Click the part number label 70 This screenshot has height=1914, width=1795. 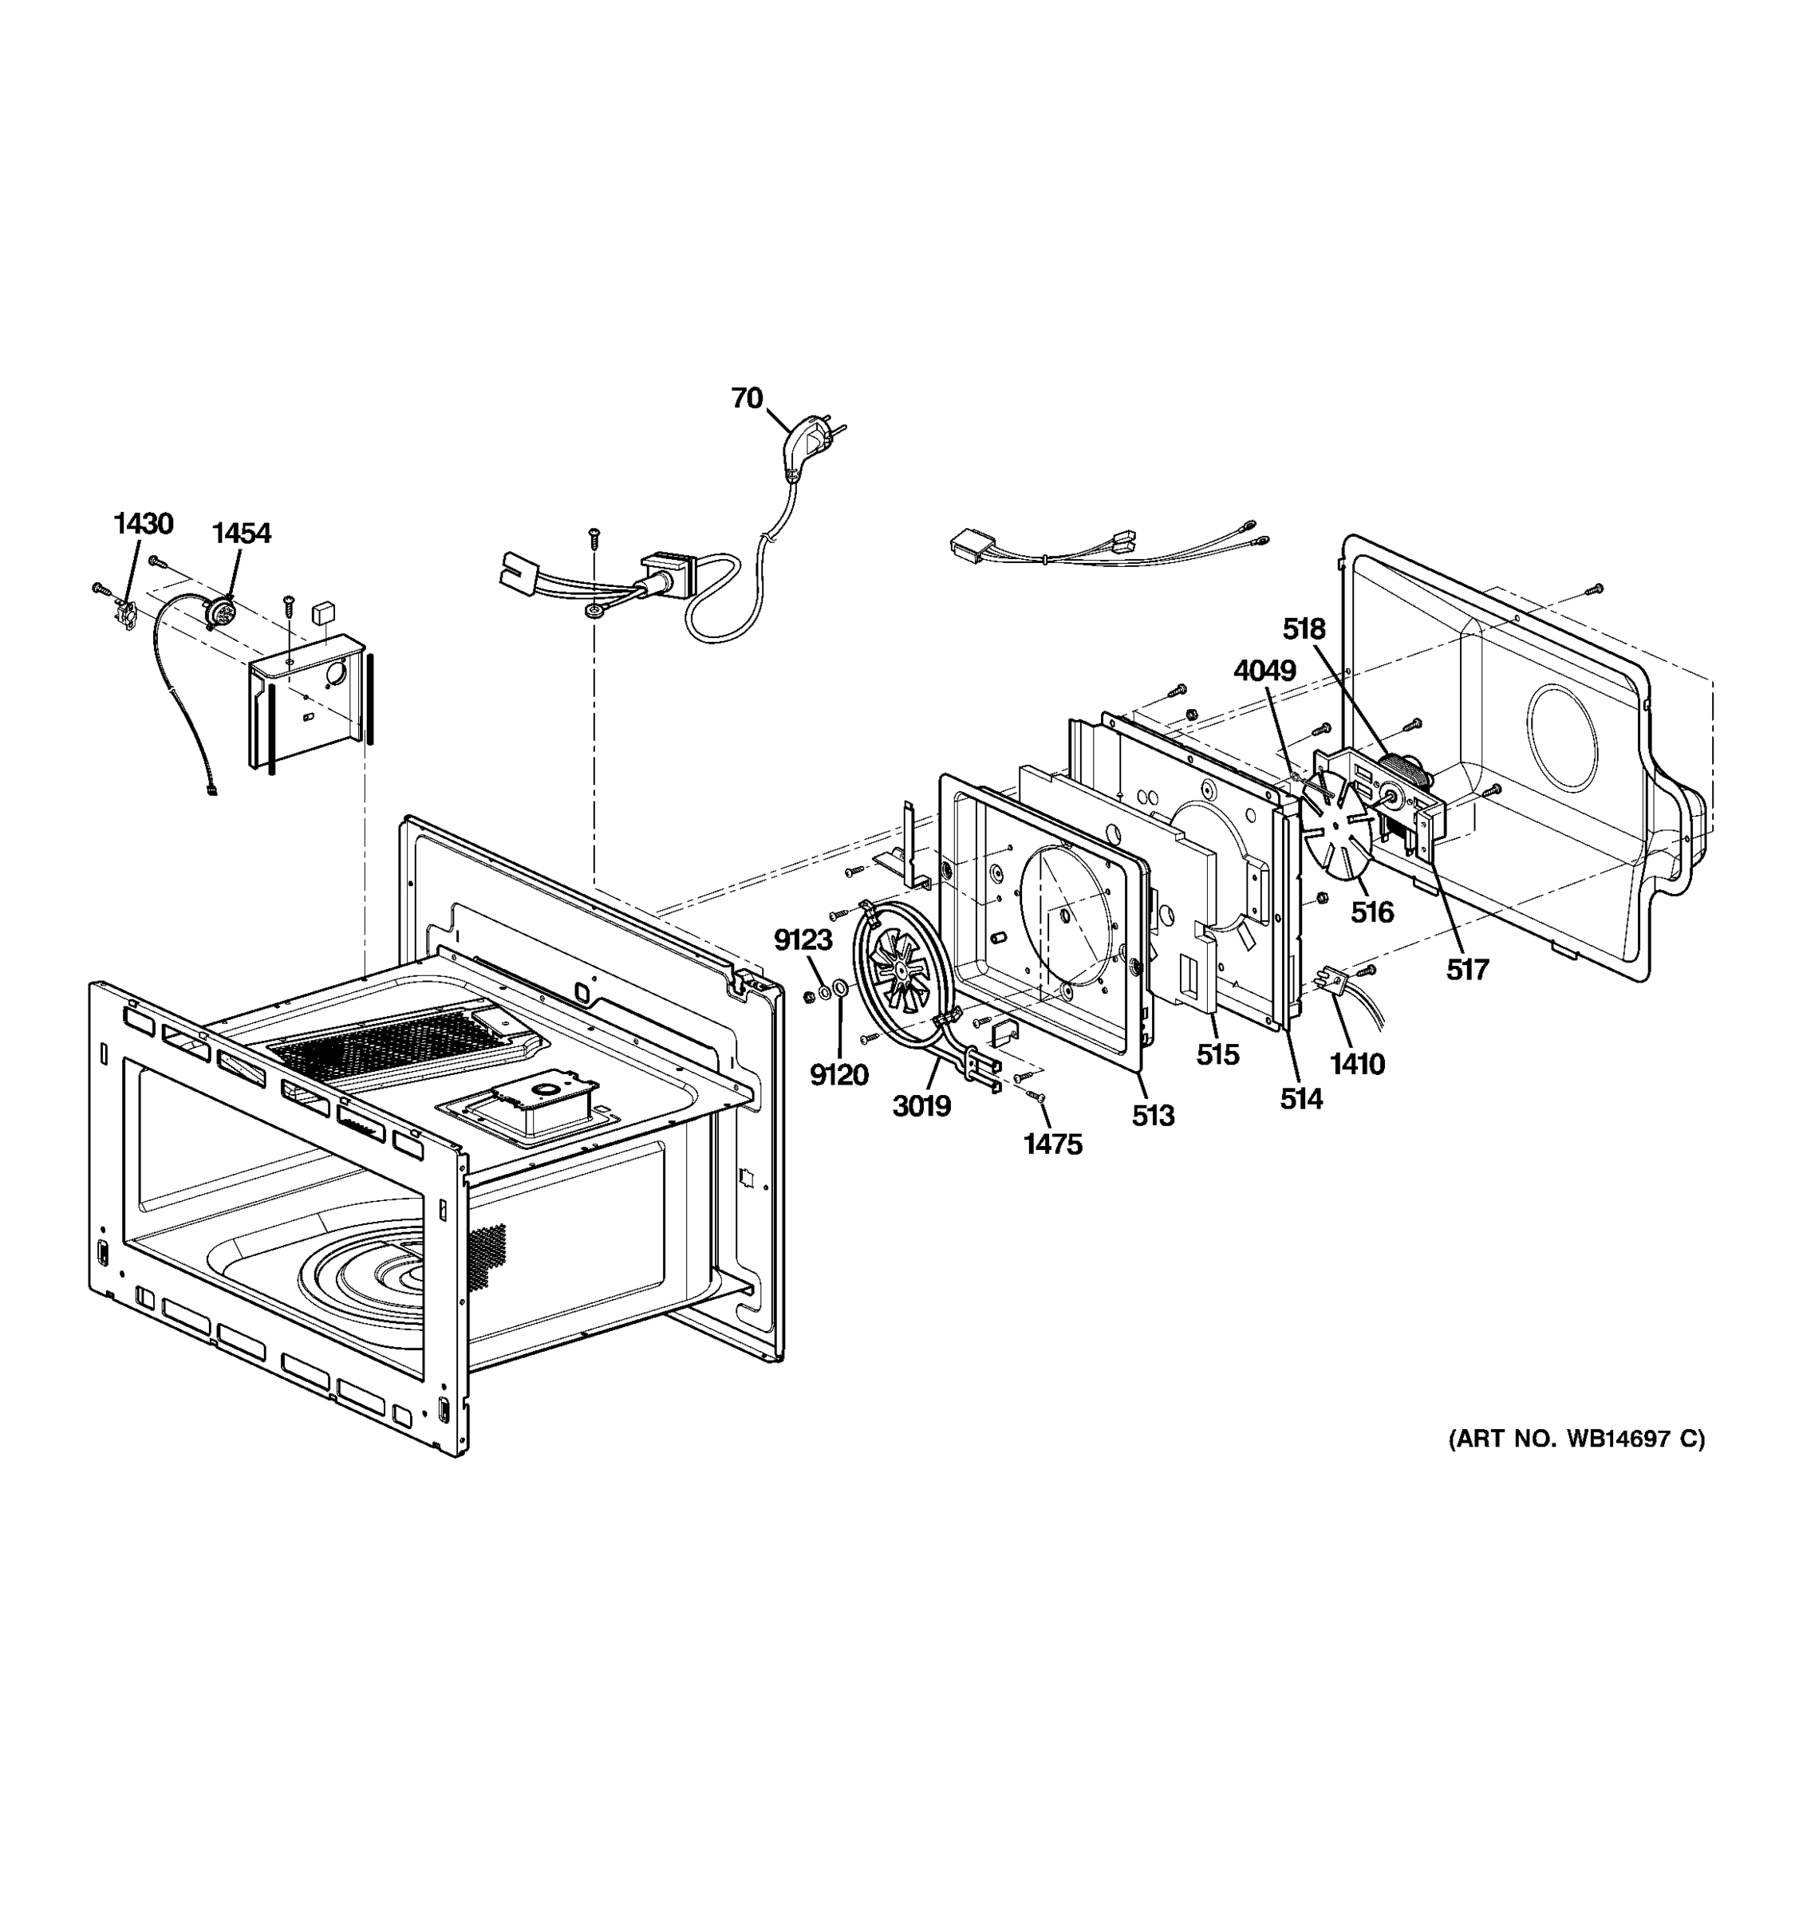point(746,398)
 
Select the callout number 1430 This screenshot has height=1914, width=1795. point(144,524)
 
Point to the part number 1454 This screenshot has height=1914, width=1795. point(241,533)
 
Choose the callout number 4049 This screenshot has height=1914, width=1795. point(1264,670)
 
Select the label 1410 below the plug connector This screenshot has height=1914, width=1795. point(1357,1063)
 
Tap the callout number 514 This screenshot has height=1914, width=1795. point(1301,1097)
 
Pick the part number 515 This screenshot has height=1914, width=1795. point(1217,1054)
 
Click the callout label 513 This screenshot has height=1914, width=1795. point(1153,1115)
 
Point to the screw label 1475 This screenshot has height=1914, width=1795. point(1052,1144)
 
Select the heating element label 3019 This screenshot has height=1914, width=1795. point(921,1106)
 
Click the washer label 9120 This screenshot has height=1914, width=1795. point(838,1074)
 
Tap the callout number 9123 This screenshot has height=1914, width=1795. point(803,939)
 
